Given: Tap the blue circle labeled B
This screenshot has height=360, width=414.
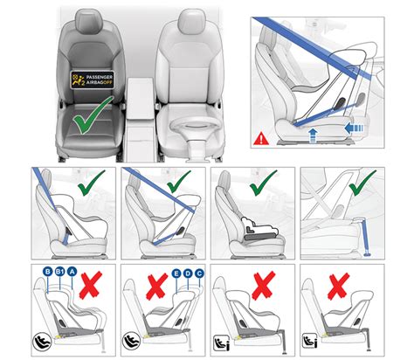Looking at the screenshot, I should coord(45,273).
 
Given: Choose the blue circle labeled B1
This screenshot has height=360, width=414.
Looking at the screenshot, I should coord(59,273).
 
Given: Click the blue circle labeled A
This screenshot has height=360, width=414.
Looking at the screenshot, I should coord(72,273).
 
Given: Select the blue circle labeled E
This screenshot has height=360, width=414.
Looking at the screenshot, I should coord(177,273).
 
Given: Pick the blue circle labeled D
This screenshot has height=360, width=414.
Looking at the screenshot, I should coord(190,273).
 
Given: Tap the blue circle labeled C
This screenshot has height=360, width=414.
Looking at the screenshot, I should coord(202,273).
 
